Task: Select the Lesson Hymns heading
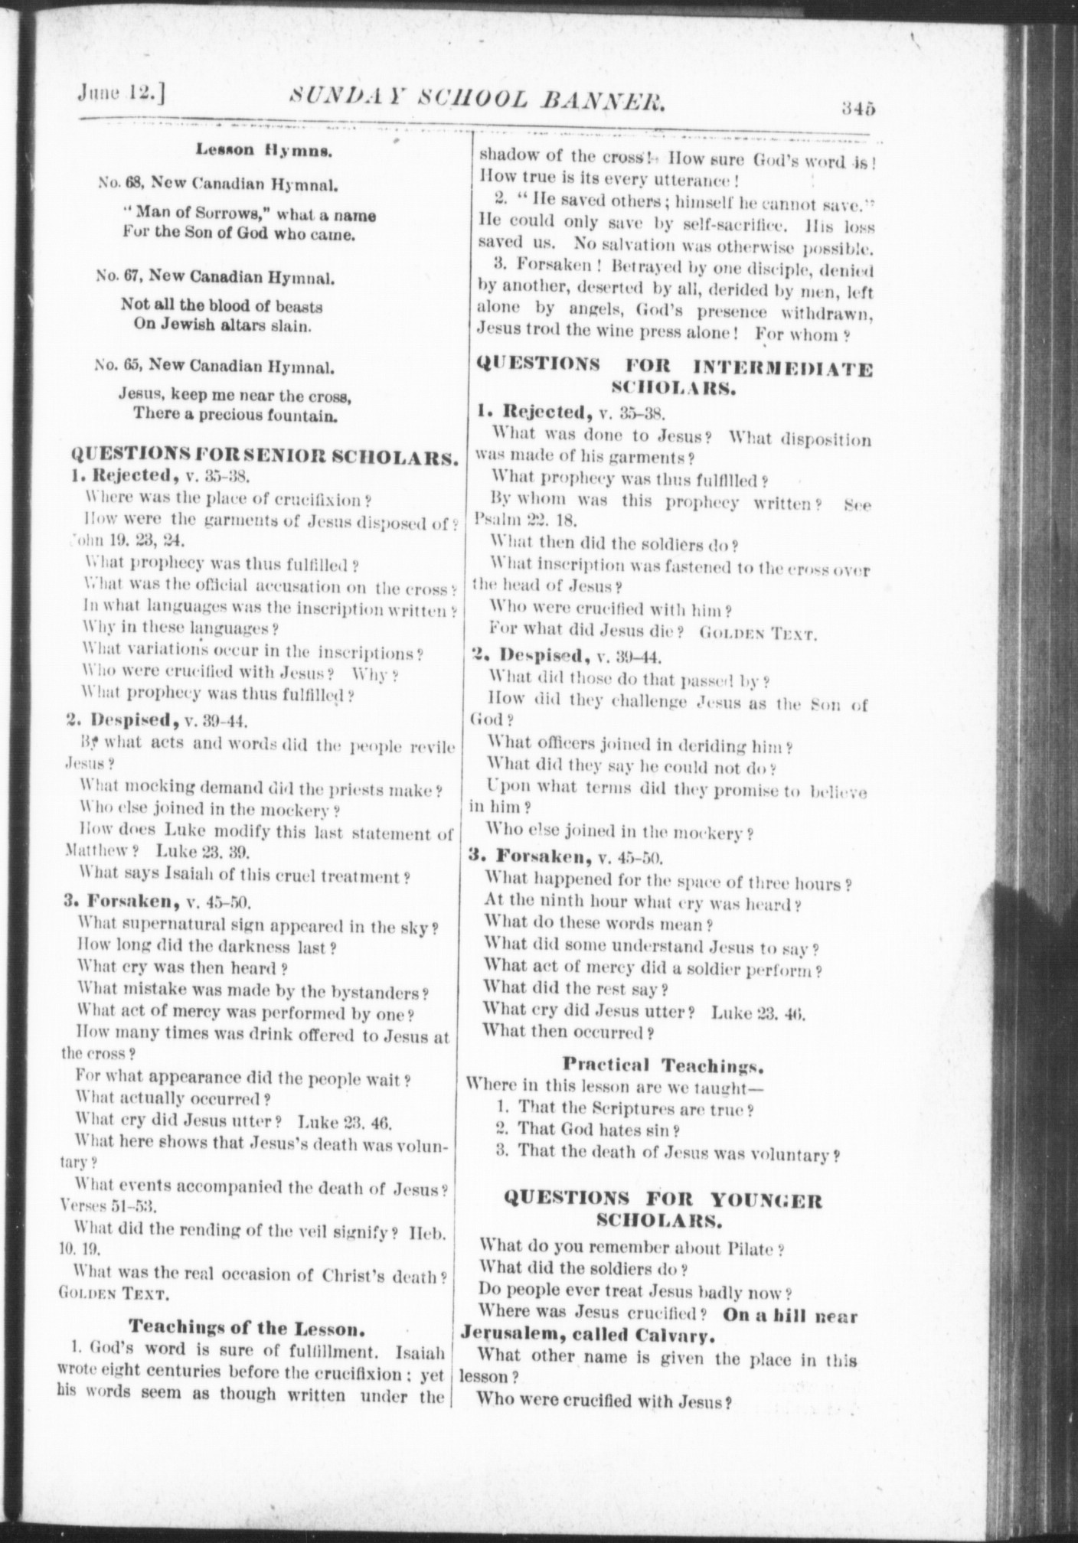(x=263, y=150)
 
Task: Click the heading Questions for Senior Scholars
(x=265, y=458)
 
